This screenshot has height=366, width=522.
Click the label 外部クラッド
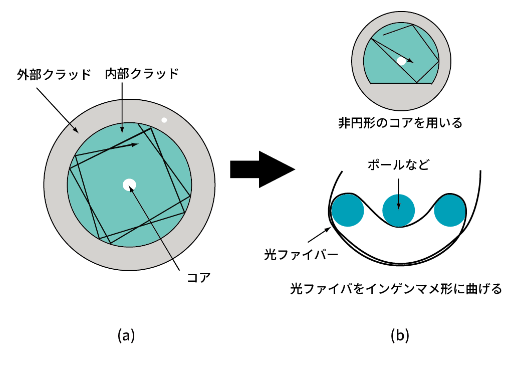click(54, 75)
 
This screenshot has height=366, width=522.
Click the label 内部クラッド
click(142, 74)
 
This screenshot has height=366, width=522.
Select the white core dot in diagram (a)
click(129, 185)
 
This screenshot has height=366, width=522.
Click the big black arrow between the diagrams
click(262, 169)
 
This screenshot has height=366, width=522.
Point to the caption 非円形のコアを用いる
click(400, 123)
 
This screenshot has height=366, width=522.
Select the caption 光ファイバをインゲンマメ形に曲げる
click(396, 289)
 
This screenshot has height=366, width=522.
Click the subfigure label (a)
click(126, 335)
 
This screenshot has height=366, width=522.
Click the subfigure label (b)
click(400, 335)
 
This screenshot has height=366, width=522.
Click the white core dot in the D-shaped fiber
click(401, 61)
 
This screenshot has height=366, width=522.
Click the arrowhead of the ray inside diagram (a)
click(135, 144)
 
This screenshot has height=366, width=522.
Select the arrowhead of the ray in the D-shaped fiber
click(411, 61)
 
